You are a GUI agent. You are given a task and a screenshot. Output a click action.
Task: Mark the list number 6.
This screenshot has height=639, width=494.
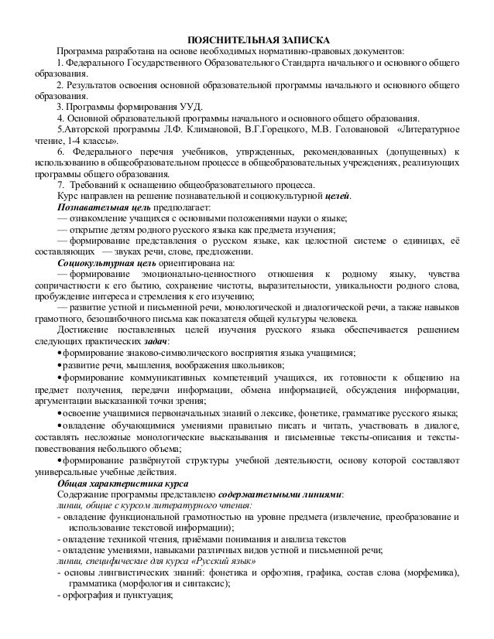[60, 152]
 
